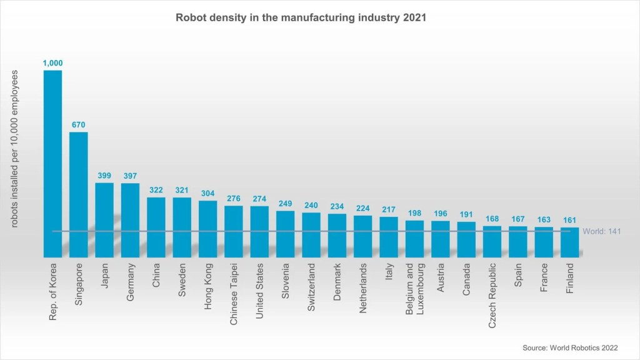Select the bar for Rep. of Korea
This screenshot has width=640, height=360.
(52, 162)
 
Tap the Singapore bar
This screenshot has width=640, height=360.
(78, 194)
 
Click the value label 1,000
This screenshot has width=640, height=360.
(52, 63)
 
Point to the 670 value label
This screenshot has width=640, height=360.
(78, 125)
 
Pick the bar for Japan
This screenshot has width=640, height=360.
(104, 219)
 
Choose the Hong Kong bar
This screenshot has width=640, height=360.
(208, 228)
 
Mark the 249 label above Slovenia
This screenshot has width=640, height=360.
(286, 204)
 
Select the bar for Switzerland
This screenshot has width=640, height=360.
(311, 234)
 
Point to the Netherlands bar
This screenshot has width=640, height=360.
(363, 236)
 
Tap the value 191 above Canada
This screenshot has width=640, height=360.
(466, 214)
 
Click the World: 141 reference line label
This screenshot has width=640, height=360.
(601, 231)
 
